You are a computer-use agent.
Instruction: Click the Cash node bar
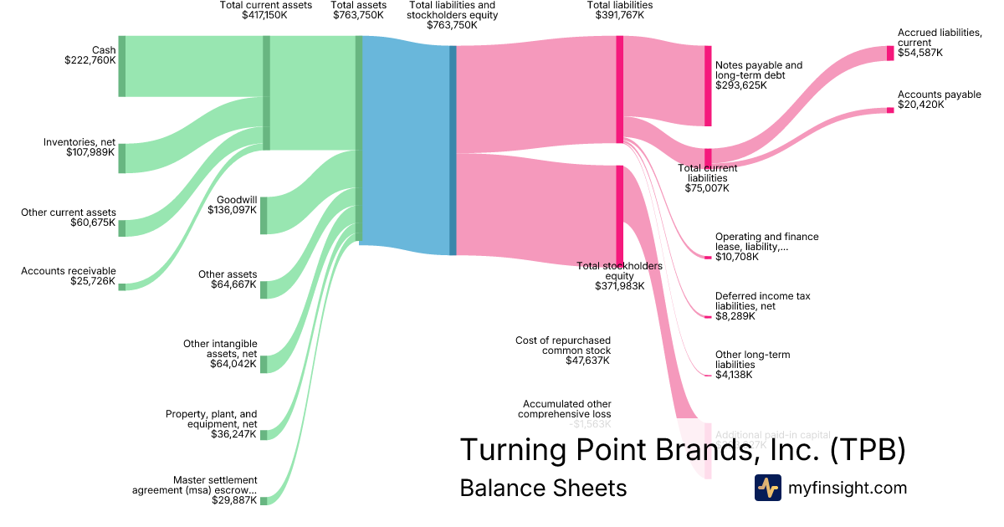click(x=121, y=66)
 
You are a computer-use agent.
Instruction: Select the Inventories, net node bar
click(x=121, y=158)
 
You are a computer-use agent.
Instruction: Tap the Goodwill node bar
click(x=264, y=215)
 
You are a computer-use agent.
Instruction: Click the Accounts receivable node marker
click(x=121, y=287)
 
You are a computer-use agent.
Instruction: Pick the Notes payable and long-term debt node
click(x=708, y=86)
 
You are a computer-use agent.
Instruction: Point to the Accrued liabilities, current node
click(x=890, y=53)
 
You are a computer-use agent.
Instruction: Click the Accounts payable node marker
click(x=890, y=110)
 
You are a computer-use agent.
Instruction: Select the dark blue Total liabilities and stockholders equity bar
click(x=453, y=150)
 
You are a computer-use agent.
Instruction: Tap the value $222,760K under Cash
click(x=90, y=60)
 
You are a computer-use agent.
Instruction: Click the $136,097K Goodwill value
click(x=232, y=209)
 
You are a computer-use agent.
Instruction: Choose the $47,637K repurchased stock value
click(x=587, y=361)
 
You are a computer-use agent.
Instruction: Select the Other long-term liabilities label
click(x=752, y=360)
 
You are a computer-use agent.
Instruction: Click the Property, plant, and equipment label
click(x=211, y=418)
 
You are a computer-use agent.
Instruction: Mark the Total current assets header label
click(x=265, y=5)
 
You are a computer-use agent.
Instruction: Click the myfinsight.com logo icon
click(x=767, y=488)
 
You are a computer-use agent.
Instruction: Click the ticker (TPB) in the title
click(x=868, y=449)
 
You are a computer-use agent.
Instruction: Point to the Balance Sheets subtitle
click(x=543, y=488)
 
